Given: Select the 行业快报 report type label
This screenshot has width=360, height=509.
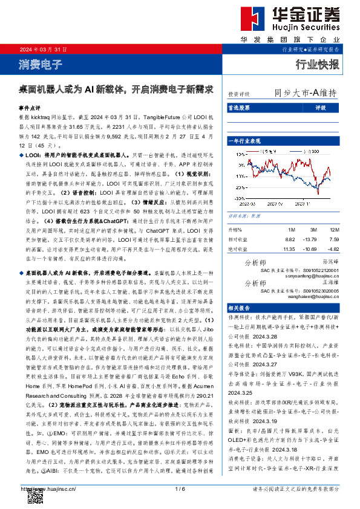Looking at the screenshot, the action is (x=317, y=64).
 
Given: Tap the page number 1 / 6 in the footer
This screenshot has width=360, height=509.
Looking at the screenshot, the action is (x=180, y=488).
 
